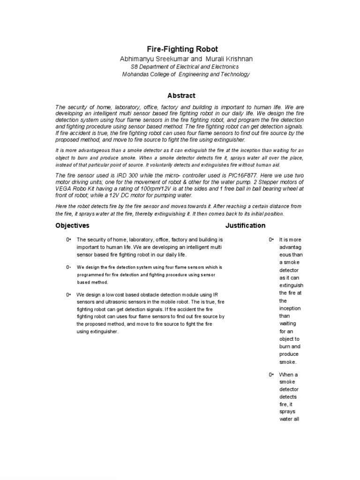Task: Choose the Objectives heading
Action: (72, 225)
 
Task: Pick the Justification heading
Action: (245, 225)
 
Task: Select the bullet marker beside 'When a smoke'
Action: (270, 375)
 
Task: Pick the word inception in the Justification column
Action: (290, 308)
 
